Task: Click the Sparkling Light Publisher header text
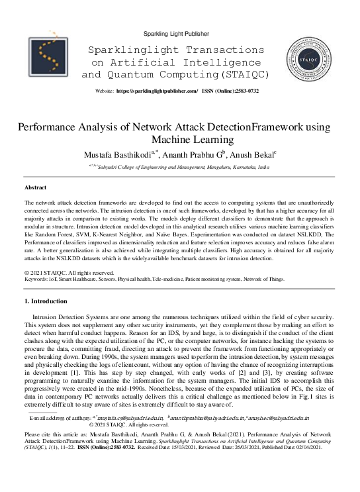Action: coord(180,33)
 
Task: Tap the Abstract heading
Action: coord(35,188)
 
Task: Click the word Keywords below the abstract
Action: coord(38,279)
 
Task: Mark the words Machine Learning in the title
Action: coord(180,140)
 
